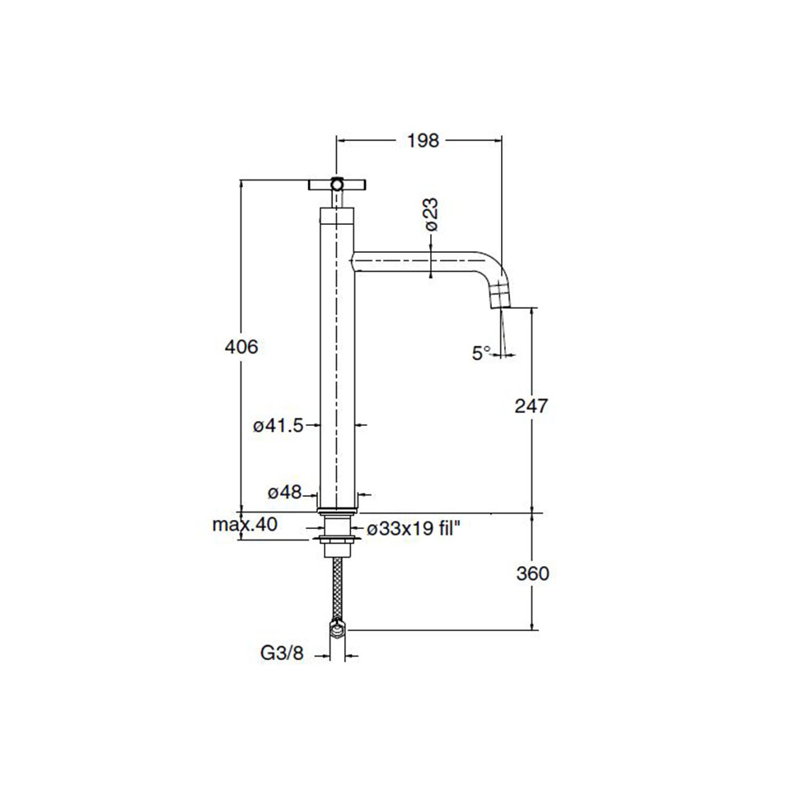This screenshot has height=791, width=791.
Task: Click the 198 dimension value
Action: coord(424,141)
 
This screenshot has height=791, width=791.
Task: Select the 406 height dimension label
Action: coord(241,347)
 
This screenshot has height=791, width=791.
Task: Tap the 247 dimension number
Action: coord(531,405)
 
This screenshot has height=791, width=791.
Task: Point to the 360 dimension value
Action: coord(533,573)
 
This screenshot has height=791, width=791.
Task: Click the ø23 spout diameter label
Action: coord(431,214)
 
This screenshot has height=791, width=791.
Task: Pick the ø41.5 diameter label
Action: coord(278,426)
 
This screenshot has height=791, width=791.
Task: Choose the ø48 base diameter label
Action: coord(284,492)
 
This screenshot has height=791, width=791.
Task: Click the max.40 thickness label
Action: coord(245,525)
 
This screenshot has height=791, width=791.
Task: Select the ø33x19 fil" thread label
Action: coord(414,528)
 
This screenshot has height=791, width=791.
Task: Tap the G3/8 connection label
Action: coord(282,653)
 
